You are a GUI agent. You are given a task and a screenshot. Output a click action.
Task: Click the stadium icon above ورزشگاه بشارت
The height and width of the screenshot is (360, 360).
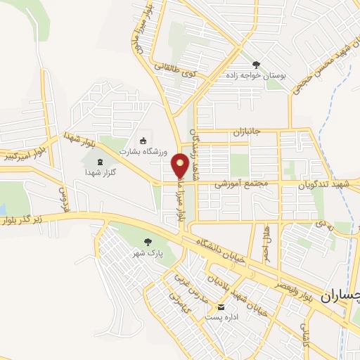(x=143, y=140)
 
